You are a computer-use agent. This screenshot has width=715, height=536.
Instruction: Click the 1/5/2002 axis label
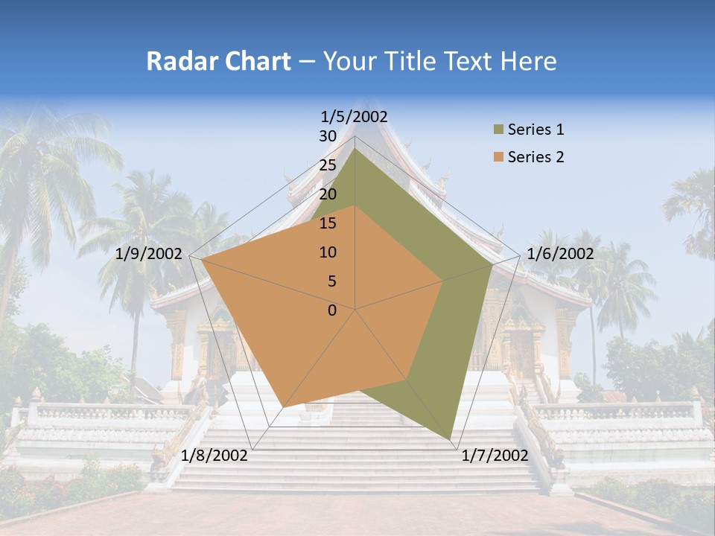(x=355, y=116)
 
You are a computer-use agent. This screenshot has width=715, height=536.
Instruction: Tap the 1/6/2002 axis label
(x=560, y=254)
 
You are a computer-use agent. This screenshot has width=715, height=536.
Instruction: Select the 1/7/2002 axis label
(x=495, y=456)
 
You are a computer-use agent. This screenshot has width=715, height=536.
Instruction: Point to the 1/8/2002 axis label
(x=214, y=456)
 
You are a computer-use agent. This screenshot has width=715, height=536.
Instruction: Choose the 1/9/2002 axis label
(x=149, y=254)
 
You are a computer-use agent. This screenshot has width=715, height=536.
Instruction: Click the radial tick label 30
(x=328, y=136)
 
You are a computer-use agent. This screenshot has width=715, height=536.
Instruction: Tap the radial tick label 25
(x=328, y=165)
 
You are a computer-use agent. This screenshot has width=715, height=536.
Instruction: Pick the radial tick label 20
(x=328, y=194)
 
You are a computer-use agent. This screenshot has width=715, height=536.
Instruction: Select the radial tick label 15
(x=328, y=223)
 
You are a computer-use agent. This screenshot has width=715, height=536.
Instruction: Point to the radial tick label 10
(x=328, y=252)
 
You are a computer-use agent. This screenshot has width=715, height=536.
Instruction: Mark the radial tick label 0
(x=332, y=310)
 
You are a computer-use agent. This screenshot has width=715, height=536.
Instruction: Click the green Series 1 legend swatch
(x=498, y=130)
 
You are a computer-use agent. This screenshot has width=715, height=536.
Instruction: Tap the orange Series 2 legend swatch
(x=498, y=157)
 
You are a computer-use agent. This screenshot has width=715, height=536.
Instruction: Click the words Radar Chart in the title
(x=218, y=61)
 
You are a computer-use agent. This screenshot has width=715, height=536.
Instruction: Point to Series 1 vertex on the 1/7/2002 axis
(x=451, y=439)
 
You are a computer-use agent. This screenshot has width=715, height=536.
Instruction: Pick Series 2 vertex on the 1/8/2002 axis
(x=283, y=406)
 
